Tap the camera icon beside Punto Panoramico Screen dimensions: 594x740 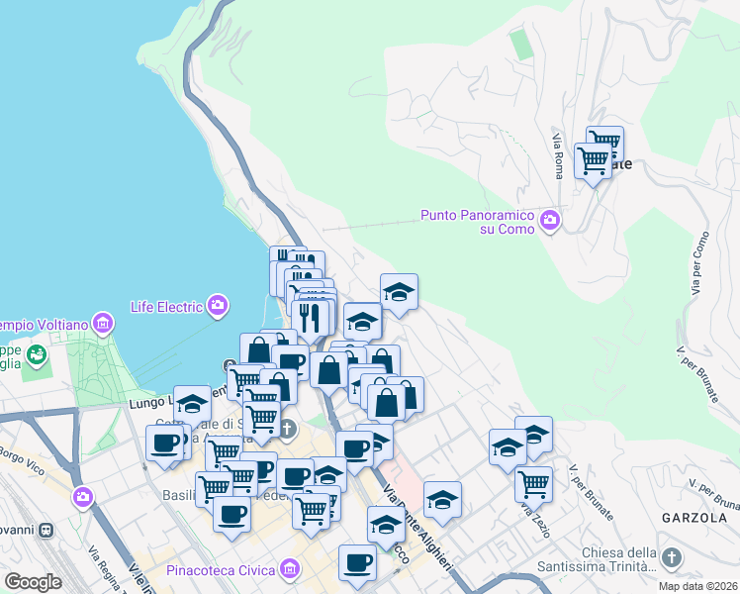coord(550,218)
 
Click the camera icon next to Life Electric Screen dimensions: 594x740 coord(218,305)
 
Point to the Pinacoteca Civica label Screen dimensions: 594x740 coord(223,569)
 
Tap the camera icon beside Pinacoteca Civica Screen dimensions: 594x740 coord(289,568)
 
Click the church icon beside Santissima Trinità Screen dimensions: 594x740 coord(672,558)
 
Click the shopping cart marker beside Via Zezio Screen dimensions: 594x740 coord(533,483)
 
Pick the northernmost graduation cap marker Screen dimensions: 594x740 coord(399,291)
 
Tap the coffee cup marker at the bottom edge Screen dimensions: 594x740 coord(357,561)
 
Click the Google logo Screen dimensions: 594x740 coord(33,582)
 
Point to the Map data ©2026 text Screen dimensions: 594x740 coord(698,586)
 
